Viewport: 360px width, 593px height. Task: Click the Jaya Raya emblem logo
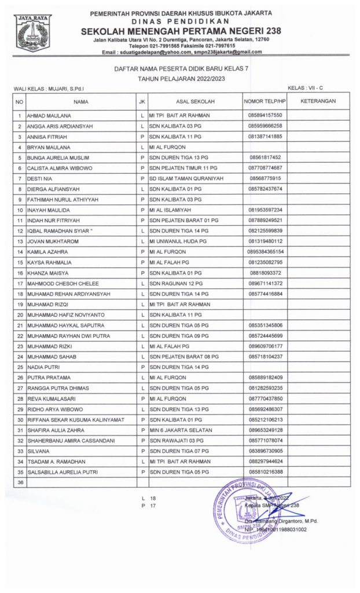(x=34, y=33)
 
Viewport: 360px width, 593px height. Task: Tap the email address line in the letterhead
(x=181, y=52)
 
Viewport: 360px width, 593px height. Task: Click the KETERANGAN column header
(x=318, y=101)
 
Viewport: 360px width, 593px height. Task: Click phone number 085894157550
(x=265, y=115)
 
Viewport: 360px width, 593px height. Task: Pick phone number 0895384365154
(x=265, y=251)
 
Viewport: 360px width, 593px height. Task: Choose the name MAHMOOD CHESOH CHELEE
(x=63, y=283)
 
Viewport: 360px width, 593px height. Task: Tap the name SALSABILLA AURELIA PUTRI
(x=64, y=472)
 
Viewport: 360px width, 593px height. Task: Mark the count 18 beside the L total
(x=153, y=497)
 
